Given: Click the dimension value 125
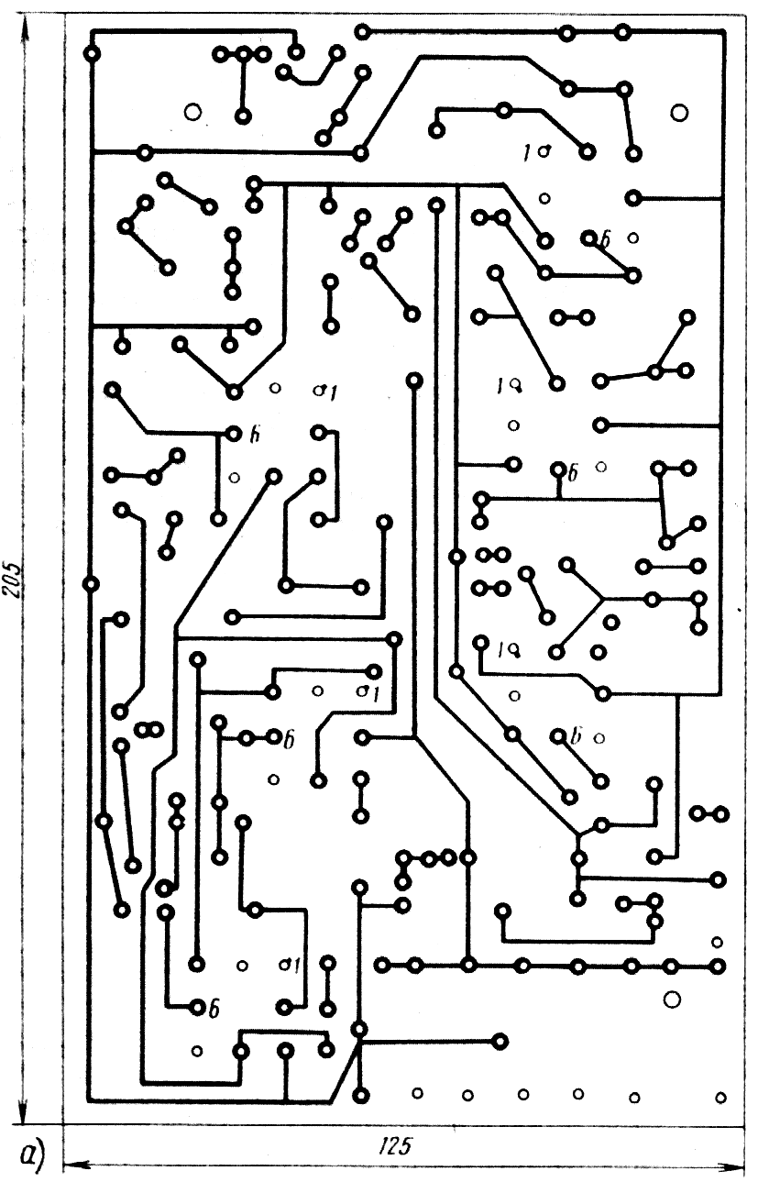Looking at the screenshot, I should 395,1146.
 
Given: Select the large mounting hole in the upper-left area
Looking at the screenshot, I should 192,112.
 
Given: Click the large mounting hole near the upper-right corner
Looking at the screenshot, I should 679,113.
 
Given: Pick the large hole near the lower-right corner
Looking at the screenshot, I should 671,999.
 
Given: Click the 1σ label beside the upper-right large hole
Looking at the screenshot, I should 535,152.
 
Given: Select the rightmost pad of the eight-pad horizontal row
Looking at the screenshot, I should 717,966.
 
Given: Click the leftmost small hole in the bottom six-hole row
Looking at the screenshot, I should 417,1092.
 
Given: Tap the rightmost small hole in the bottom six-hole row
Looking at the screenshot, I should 720,1097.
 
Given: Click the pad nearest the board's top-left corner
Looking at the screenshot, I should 92,55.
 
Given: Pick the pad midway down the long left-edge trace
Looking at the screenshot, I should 91,583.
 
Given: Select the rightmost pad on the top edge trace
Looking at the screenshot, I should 623,34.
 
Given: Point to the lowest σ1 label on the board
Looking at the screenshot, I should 291,965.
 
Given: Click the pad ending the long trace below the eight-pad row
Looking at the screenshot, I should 500,1040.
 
